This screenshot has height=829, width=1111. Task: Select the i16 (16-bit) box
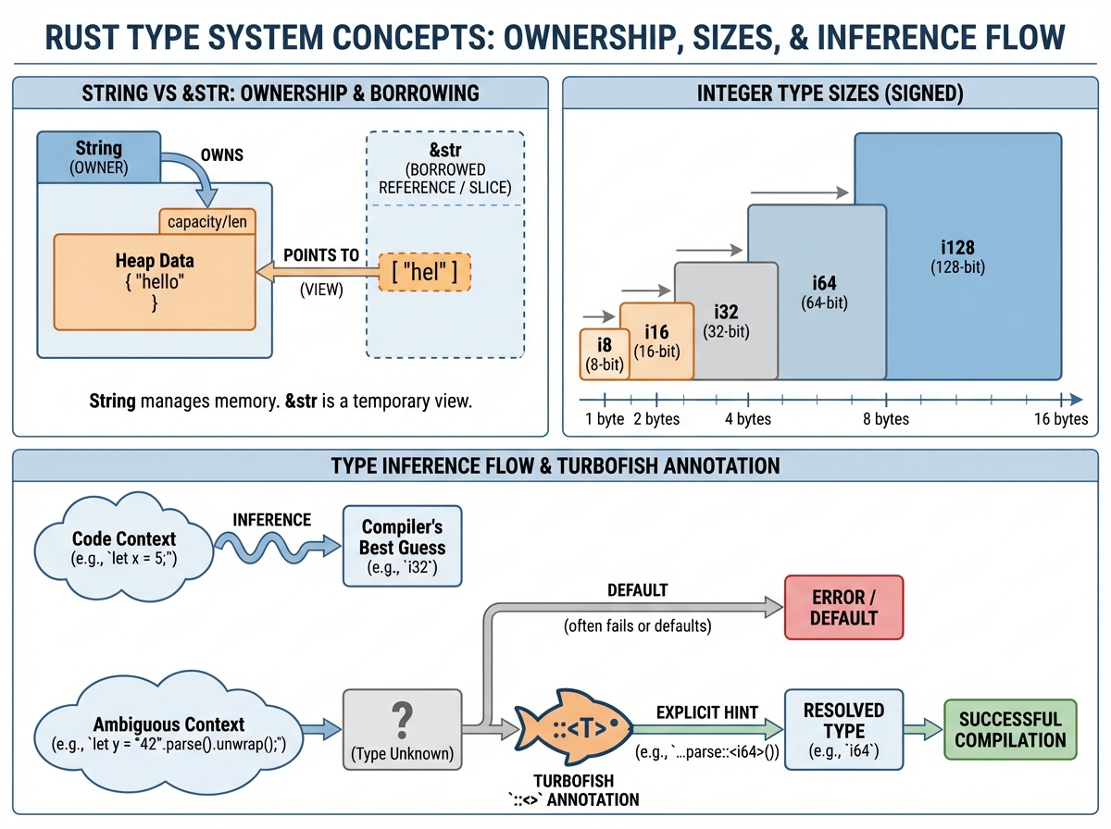click(x=656, y=342)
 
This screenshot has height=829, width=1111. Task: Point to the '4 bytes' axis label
click(x=747, y=419)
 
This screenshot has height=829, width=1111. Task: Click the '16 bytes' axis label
click(x=1060, y=419)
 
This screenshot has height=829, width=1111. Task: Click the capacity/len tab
click(x=206, y=222)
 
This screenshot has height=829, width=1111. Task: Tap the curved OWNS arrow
click(x=202, y=176)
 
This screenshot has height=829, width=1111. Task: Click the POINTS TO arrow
click(x=319, y=272)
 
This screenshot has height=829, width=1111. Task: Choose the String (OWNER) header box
click(x=97, y=156)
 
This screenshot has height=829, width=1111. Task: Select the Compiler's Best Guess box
click(x=403, y=546)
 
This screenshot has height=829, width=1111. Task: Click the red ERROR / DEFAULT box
click(x=843, y=607)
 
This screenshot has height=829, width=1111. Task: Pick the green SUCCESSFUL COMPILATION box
click(x=1010, y=730)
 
